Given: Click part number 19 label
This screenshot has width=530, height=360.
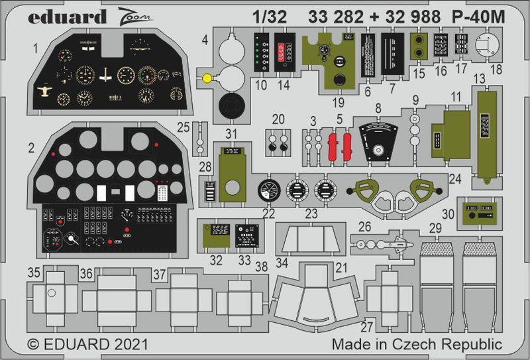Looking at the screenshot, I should [339, 102].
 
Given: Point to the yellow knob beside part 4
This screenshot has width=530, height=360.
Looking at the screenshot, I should [207, 78].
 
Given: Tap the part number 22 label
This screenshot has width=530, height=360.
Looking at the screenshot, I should [268, 213].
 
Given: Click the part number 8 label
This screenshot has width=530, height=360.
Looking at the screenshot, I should [378, 108].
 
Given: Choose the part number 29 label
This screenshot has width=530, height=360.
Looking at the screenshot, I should [435, 228].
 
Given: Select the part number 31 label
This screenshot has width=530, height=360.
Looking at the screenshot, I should [231, 133].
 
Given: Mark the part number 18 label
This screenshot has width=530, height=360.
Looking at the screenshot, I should [495, 68].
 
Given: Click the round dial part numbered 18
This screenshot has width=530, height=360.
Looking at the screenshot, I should [486, 44].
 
